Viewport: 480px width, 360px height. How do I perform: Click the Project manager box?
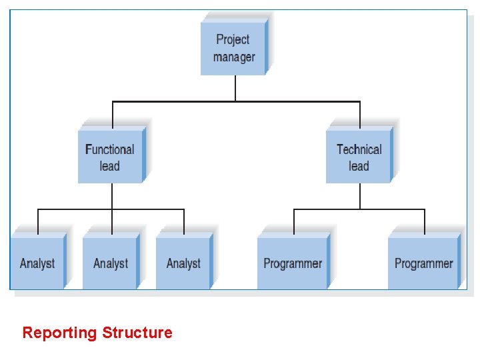coord(233,48)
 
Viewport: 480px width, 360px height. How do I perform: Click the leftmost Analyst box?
coord(37,263)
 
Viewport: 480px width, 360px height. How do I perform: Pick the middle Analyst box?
coord(111,263)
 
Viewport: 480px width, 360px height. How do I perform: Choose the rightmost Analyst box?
coord(183,263)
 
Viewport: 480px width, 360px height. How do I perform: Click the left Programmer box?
coord(293,263)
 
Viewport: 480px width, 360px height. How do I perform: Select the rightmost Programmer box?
coord(423,263)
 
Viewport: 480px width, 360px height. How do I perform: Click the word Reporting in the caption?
coord(60,333)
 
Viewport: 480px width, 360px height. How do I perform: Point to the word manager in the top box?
coord(234,57)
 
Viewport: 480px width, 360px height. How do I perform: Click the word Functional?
coord(110,149)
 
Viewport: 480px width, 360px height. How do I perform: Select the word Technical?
coord(359,149)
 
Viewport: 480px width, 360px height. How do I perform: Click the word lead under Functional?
coord(110,166)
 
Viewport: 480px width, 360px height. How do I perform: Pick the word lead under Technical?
coord(359,166)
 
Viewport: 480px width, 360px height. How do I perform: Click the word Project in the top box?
coord(233,40)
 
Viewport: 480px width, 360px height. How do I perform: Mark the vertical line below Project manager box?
coord(235,88)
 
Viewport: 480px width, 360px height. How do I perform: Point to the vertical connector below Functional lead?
coord(111,196)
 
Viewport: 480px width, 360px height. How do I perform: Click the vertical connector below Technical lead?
coord(360,196)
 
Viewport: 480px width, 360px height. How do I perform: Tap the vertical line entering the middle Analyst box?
coord(111,221)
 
